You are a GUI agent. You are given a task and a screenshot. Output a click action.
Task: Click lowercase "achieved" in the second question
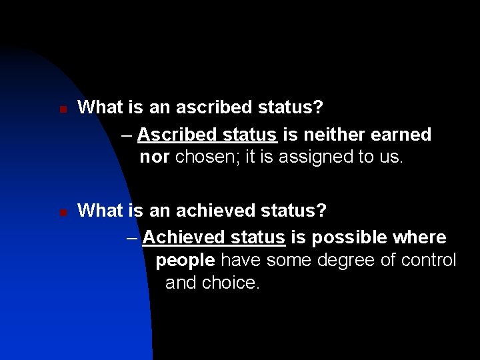click(x=198, y=211)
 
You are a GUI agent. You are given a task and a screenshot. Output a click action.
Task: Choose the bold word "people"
click(x=187, y=259)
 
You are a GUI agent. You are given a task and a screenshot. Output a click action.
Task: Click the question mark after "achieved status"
click(x=322, y=211)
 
